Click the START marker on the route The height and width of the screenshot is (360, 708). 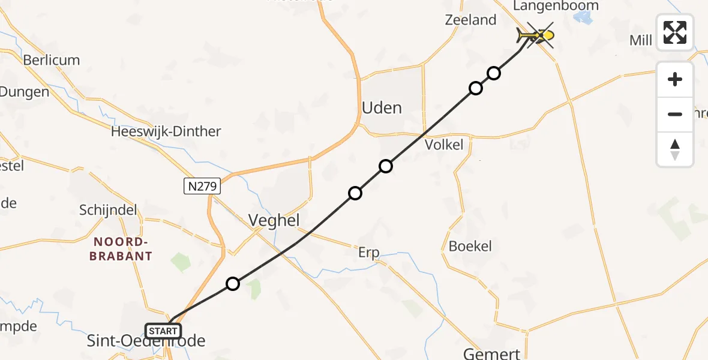click(163, 331)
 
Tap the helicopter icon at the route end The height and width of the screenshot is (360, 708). click(533, 37)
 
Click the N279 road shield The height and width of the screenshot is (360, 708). click(202, 187)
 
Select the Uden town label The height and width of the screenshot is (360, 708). click(382, 108)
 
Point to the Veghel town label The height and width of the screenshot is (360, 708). click(274, 220)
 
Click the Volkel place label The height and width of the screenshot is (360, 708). click(444, 145)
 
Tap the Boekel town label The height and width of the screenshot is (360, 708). click(470, 246)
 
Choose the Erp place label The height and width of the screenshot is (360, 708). click(368, 253)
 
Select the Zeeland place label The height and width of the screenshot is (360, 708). click(471, 20)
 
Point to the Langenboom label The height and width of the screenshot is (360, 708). click(556, 6)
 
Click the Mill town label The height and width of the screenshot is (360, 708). click(641, 40)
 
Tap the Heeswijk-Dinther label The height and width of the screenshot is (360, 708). click(166, 131)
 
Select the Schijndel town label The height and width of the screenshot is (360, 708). click(108, 210)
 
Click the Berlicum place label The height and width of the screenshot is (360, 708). click(52, 60)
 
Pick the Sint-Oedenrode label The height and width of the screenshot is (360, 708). click(146, 341)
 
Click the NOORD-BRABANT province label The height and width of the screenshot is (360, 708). click(121, 248)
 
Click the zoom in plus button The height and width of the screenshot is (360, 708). click(675, 79)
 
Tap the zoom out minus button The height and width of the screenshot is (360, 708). click(675, 114)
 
